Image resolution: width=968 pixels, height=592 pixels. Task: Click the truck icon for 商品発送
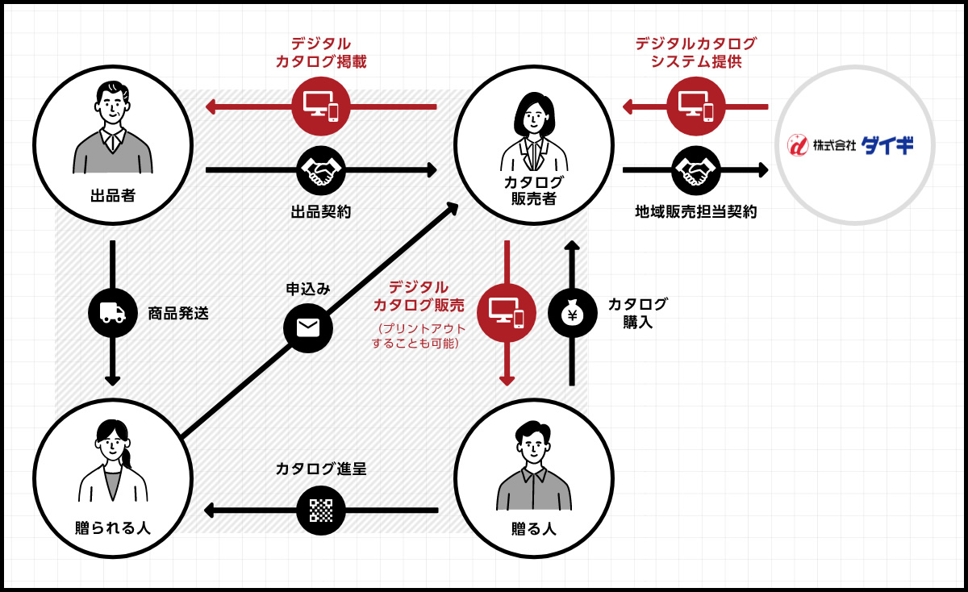click(x=113, y=313)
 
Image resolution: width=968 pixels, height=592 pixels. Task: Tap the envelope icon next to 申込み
click(x=308, y=327)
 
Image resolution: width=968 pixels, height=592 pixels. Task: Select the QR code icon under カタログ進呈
click(x=321, y=511)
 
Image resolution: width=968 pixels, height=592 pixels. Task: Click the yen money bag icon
click(x=572, y=313)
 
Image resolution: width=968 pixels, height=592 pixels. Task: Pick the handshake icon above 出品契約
click(x=321, y=170)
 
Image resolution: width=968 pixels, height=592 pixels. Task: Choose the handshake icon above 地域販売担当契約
click(x=696, y=170)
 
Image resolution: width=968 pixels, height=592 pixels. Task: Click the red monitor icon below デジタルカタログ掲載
click(x=321, y=106)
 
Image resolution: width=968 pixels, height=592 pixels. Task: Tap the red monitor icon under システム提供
click(x=696, y=106)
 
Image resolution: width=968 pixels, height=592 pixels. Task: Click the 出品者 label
click(x=113, y=196)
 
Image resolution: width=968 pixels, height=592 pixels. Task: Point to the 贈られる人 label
click(x=113, y=528)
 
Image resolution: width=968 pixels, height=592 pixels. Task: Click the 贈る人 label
click(x=534, y=529)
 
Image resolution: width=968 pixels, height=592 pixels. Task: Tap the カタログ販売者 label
click(x=534, y=190)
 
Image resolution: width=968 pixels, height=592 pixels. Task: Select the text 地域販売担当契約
click(x=696, y=212)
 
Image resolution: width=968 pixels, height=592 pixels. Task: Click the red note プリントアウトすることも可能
click(x=417, y=336)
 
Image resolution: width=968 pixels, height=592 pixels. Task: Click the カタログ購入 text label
click(x=637, y=313)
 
